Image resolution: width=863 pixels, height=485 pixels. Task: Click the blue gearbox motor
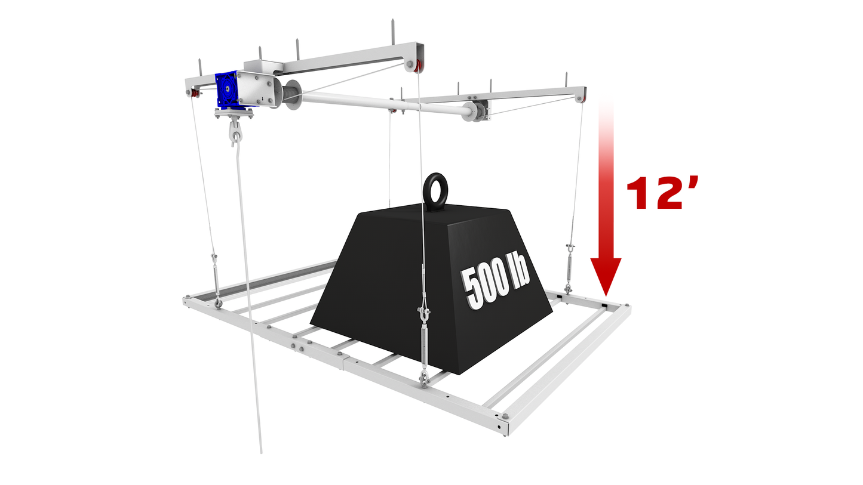[x=228, y=89]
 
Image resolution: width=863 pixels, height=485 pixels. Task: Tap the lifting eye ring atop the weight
[x=435, y=181]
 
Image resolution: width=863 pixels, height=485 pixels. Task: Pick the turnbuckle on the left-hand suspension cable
[x=216, y=279]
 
